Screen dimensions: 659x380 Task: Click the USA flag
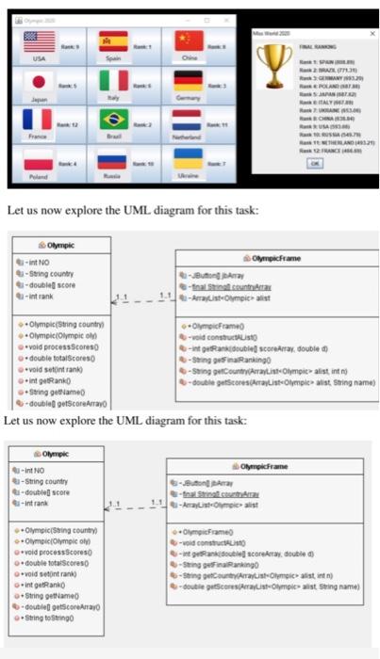[x=39, y=41]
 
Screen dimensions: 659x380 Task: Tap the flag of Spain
[x=113, y=41]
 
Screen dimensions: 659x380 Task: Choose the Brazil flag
[x=113, y=121]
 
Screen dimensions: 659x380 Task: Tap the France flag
[x=39, y=121]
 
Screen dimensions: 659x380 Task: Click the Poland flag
[x=39, y=160]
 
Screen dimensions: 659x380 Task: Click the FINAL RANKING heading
[x=321, y=42]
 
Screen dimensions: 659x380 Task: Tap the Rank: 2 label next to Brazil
[x=144, y=123]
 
